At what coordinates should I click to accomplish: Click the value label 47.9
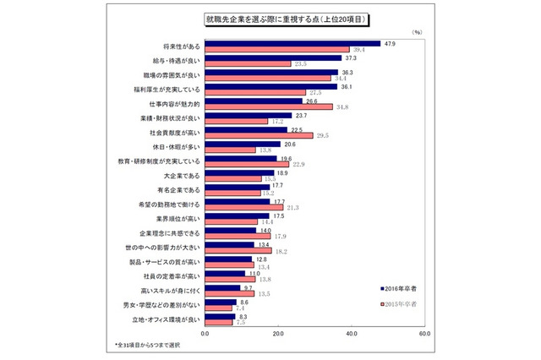coord(389,42)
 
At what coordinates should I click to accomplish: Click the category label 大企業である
coord(181,177)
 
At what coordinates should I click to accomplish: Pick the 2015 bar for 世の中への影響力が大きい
coord(238,251)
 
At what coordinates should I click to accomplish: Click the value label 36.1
coord(346,86)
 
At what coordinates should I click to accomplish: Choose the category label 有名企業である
coord(178,191)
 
